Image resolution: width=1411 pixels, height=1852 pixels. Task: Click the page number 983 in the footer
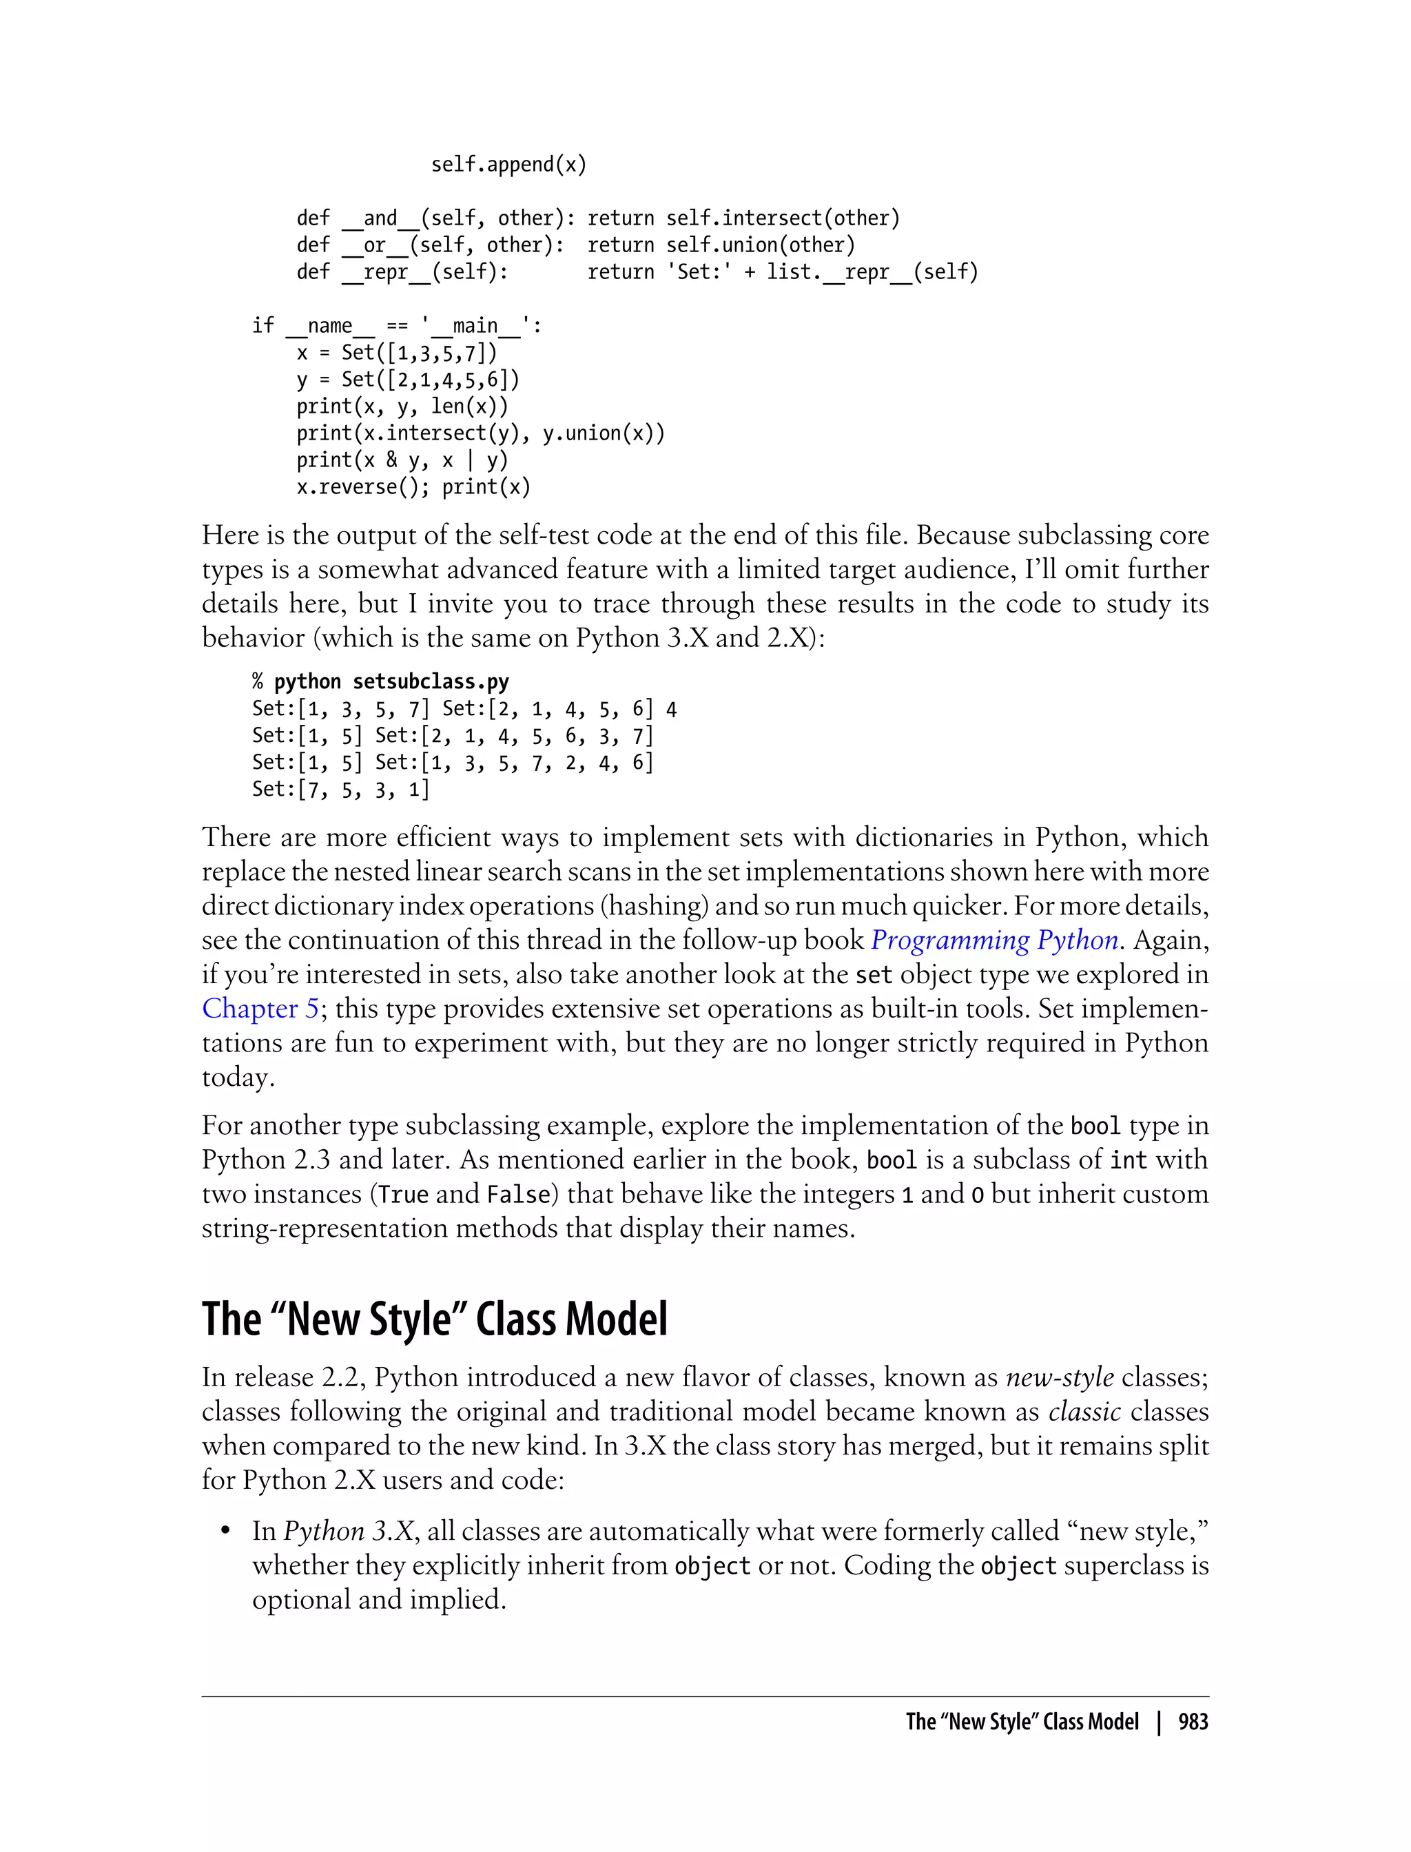tap(1193, 1721)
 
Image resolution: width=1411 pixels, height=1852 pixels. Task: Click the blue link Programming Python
tap(994, 940)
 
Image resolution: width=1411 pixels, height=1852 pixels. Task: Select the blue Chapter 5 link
tap(260, 1008)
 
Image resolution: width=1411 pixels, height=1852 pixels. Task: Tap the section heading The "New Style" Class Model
tap(434, 1319)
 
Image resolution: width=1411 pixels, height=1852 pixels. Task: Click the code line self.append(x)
tap(508, 164)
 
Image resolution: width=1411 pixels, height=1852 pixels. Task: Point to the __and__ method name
tap(380, 218)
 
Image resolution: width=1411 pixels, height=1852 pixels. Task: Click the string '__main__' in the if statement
tap(475, 326)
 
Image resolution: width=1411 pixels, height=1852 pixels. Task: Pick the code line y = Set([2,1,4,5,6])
tap(408, 380)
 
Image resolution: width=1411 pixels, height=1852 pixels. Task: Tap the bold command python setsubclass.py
tap(391, 681)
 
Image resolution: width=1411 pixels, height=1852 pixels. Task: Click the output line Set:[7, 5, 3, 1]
tap(341, 789)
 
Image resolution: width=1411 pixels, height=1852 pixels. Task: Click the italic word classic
tap(1084, 1412)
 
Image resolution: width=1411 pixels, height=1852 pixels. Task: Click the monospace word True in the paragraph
tap(403, 1194)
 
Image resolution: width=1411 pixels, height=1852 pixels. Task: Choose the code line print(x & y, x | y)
tap(402, 460)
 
